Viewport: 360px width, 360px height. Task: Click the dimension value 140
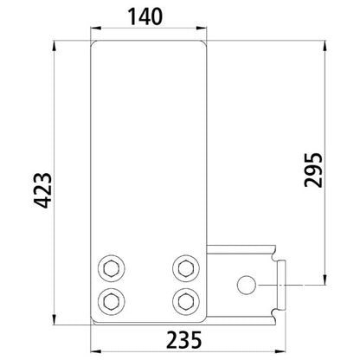coord(149,16)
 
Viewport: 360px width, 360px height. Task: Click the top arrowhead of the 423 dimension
coord(57,43)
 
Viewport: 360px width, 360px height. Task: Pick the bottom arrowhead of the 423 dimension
coord(57,321)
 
